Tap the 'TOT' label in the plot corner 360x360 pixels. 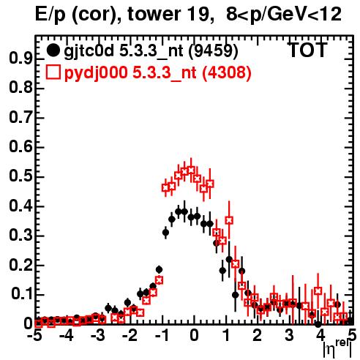click(x=307, y=50)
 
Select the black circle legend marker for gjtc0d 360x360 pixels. click(x=53, y=50)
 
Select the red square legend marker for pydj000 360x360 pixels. click(x=53, y=72)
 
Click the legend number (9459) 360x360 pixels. click(x=214, y=51)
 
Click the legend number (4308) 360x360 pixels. click(x=227, y=72)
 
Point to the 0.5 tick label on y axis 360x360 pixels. click(x=20, y=176)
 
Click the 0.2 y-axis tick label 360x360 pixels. click(x=20, y=265)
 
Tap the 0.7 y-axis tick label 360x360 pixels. click(x=20, y=117)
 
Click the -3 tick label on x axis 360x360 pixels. click(x=98, y=335)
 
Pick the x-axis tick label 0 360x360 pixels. click(x=194, y=335)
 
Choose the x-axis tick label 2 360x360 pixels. click(x=258, y=335)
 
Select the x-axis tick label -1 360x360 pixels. click(x=162, y=335)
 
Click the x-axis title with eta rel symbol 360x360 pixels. click(x=337, y=348)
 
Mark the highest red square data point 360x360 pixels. click(x=191, y=170)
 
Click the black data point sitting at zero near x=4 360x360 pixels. click(x=318, y=324)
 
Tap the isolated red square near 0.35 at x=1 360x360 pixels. click(x=229, y=220)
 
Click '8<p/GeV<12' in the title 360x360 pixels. click(x=284, y=14)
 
